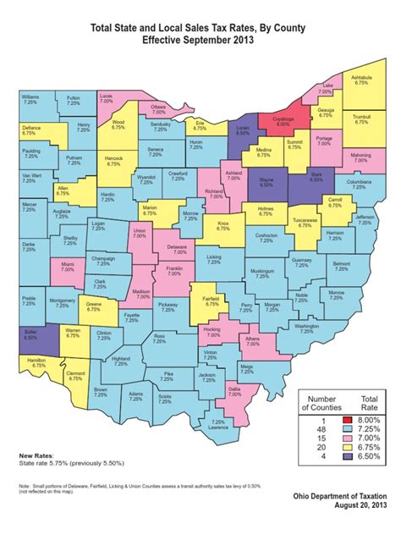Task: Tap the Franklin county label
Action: [173, 271]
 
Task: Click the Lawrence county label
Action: [218, 425]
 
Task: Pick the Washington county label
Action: [306, 328]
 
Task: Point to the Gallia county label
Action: [235, 392]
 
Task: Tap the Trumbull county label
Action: [363, 119]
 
